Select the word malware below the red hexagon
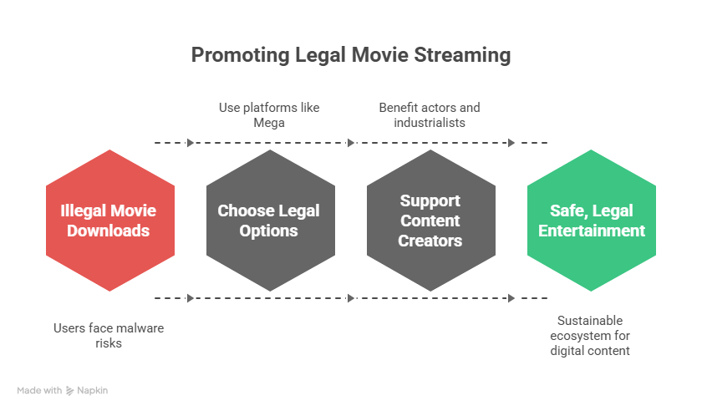coord(139,328)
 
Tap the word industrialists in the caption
coord(430,123)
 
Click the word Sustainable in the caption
coord(591,321)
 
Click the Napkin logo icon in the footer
coord(71,390)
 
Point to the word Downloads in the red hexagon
coord(109,231)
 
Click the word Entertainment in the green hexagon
coord(591,231)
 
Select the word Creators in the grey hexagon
coord(430,241)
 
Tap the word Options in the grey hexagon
coord(269,231)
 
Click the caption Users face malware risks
coord(109,336)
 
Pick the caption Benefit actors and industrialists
coord(430,115)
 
